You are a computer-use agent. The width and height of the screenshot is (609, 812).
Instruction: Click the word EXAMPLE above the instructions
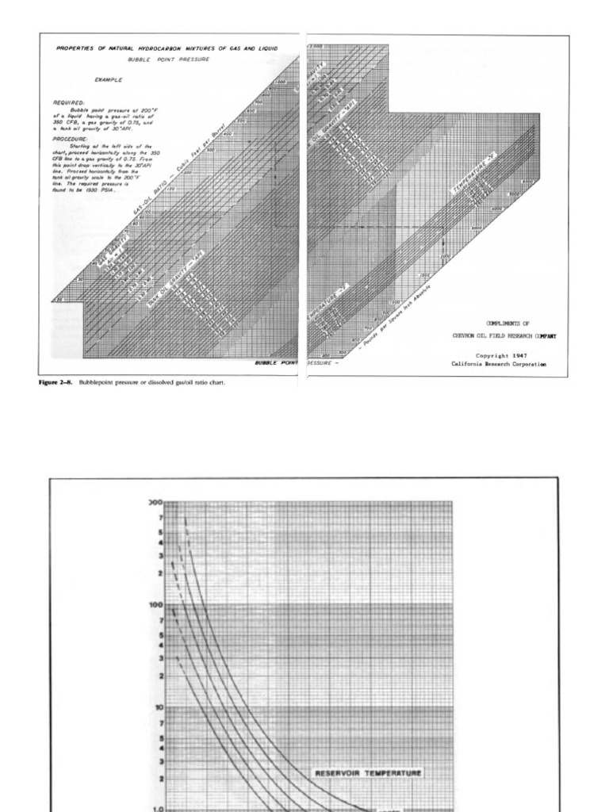(x=108, y=80)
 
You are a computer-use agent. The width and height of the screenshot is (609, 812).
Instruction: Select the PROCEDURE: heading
(x=71, y=137)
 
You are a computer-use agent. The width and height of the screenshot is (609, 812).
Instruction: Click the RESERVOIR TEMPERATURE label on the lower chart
(x=368, y=772)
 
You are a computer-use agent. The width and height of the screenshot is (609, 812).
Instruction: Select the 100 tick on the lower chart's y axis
(x=155, y=603)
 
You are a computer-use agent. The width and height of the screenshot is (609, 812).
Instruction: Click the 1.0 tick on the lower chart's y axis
(x=156, y=810)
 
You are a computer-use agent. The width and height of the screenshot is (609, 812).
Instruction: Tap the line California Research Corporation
(x=499, y=364)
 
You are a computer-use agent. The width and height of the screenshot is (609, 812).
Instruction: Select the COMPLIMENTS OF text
(x=497, y=324)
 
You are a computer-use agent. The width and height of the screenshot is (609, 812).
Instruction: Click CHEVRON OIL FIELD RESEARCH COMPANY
(x=504, y=336)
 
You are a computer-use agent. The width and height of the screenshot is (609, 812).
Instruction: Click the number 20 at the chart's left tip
(x=57, y=301)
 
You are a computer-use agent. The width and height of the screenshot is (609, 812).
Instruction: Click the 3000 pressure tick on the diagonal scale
(x=477, y=228)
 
